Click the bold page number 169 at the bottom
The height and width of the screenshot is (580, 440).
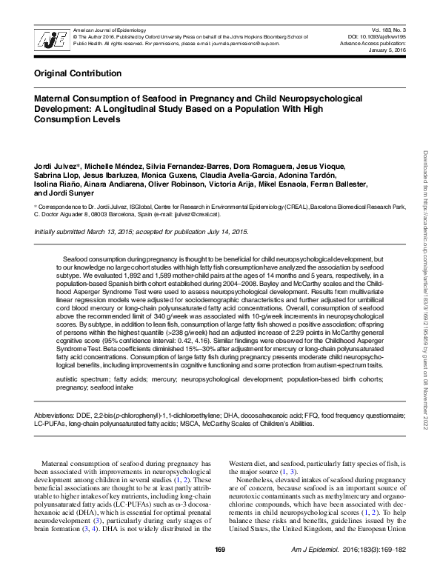point(219,569)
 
